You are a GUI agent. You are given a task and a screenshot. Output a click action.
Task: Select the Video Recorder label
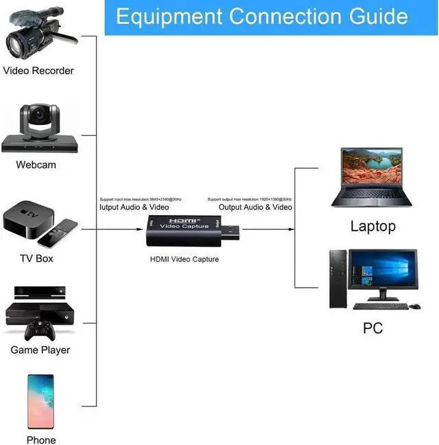click(38, 71)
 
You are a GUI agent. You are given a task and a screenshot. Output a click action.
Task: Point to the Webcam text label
click(36, 165)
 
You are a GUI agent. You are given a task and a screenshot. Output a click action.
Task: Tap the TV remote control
click(58, 233)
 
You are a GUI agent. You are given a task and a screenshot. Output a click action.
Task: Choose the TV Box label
click(36, 259)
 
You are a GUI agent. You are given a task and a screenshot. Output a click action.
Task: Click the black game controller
click(40, 330)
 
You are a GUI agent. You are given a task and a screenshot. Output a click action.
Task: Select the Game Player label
click(40, 350)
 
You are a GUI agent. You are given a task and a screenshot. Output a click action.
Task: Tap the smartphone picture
click(40, 402)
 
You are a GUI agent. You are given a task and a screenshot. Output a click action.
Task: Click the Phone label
click(41, 440)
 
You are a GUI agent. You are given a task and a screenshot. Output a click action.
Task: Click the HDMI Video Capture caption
click(185, 259)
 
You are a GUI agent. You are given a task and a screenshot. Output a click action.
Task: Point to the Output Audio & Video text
click(255, 207)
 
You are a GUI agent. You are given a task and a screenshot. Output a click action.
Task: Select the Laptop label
click(373, 226)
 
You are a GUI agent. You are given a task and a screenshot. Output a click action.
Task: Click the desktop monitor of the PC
click(383, 271)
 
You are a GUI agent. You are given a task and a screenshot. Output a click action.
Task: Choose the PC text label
click(372, 328)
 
